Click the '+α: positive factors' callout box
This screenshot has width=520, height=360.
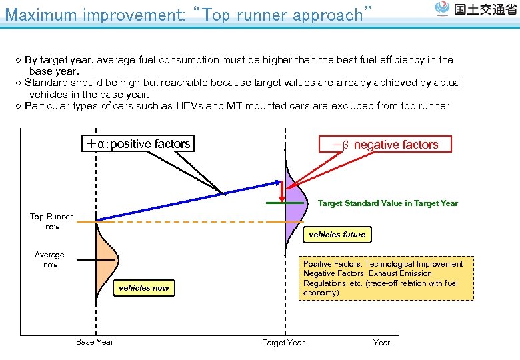pos(137,143)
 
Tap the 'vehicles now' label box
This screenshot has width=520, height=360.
pos(144,288)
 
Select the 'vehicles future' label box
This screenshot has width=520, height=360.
pos(337,235)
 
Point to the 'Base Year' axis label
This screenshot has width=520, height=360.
pos(95,342)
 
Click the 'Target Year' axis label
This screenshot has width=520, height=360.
pos(283,343)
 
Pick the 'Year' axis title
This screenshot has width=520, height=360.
pos(381,343)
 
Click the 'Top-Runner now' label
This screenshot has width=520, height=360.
pos(51,221)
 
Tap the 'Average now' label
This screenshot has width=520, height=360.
pos(50,259)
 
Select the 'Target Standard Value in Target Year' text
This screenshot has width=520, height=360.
pos(388,203)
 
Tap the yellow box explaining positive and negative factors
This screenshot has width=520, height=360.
pos(386,278)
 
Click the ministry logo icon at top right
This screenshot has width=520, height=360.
pos(442,9)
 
